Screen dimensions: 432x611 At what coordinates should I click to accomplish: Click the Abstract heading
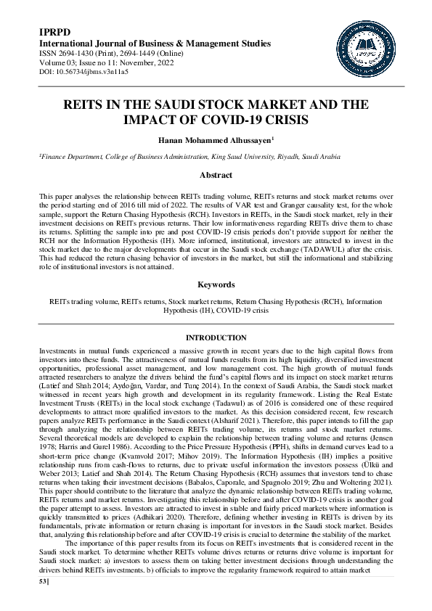216,176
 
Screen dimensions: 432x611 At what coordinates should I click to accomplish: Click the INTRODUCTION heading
216,338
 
